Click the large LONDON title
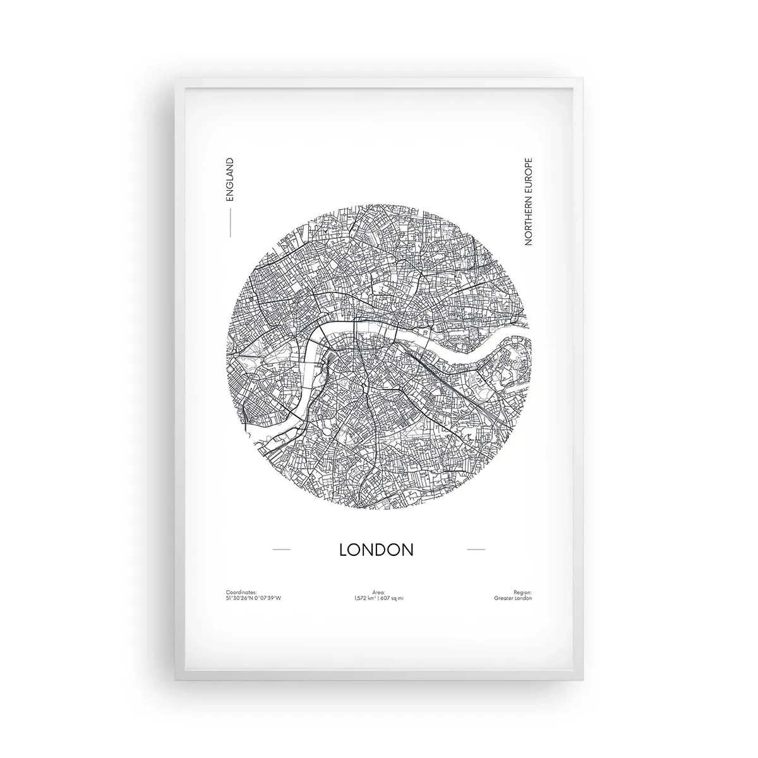click(x=376, y=549)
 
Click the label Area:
click(x=379, y=593)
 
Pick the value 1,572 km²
click(x=366, y=598)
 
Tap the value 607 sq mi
click(x=392, y=598)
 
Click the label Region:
click(x=523, y=593)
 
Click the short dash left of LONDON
click(x=280, y=550)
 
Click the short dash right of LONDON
click(x=476, y=550)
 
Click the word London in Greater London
click(x=522, y=598)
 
